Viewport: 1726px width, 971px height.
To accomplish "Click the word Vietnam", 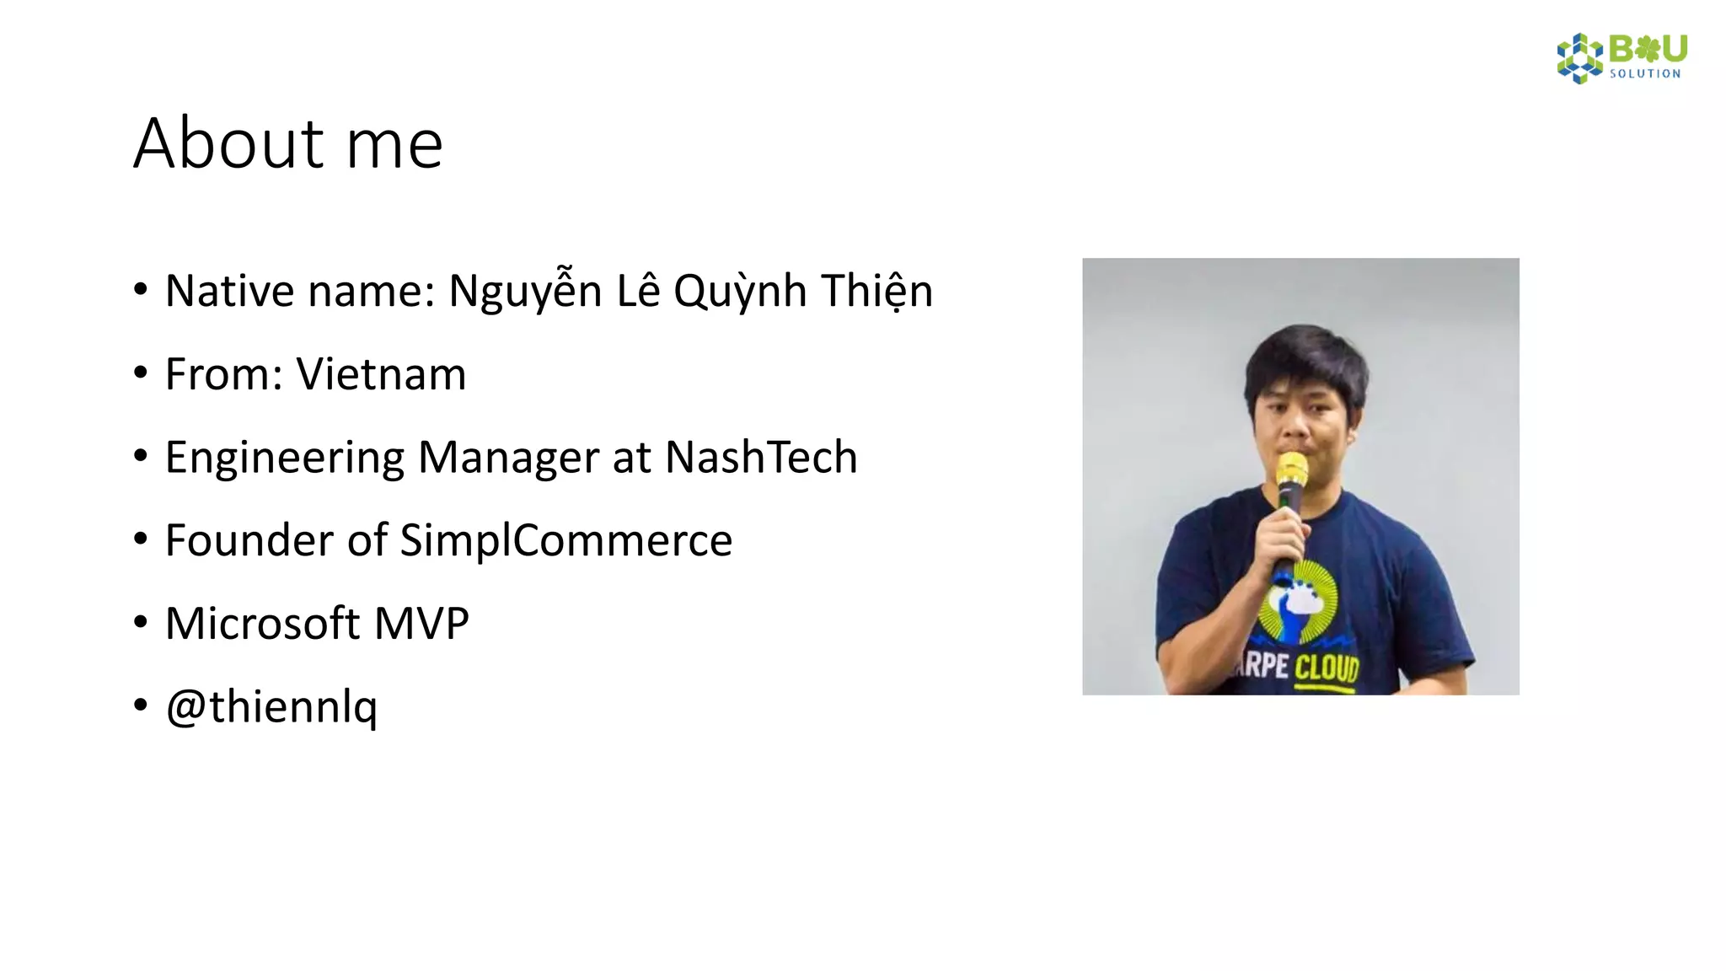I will [381, 374].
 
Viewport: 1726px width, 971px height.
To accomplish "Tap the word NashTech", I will [761, 458].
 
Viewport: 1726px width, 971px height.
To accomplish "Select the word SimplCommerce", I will [566, 540].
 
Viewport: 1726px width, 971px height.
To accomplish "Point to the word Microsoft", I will [263, 624].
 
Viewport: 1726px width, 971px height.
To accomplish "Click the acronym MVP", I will [421, 624].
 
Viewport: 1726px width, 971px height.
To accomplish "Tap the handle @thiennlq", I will [271, 706].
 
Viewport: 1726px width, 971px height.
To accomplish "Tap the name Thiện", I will [876, 292].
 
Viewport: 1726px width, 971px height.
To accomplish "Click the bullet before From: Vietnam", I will [141, 373].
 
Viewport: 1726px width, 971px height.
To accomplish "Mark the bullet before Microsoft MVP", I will [141, 622].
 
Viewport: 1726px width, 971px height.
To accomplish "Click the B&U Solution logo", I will [1621, 58].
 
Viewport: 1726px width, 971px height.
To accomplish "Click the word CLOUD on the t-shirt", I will [1327, 668].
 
